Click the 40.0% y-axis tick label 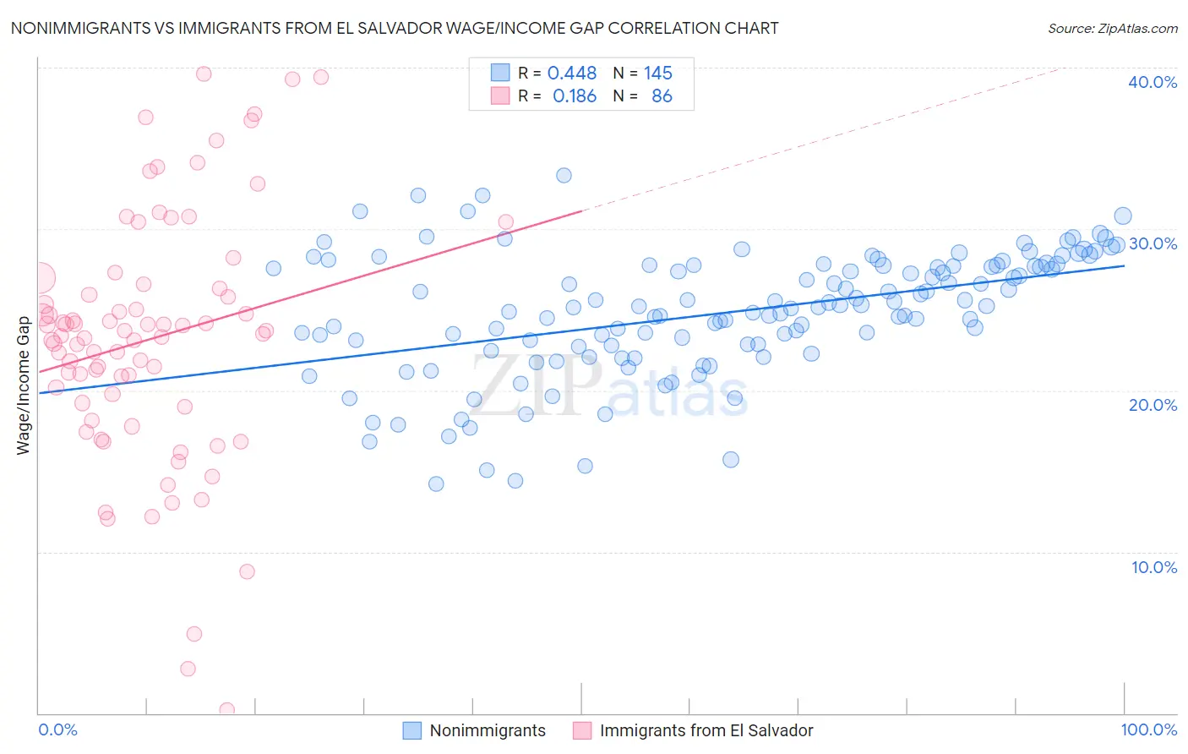coord(1153,82)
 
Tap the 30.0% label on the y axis coord(1153,243)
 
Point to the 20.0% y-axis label coord(1153,405)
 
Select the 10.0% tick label coord(1154,567)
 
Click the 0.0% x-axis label coord(57,730)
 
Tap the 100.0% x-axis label coord(1148,730)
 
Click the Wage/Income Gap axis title coord(24,385)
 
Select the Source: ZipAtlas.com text coord(1112,29)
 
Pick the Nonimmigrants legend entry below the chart coord(488,731)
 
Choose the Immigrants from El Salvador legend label coord(706,731)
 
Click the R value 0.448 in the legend coord(572,74)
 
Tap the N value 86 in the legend coord(662,96)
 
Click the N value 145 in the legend coord(657,74)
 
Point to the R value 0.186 coord(574,96)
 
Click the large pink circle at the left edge coord(39,277)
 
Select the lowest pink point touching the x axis coord(226,710)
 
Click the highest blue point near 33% coord(564,176)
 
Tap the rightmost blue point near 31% coord(1123,216)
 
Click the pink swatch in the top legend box coord(500,96)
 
